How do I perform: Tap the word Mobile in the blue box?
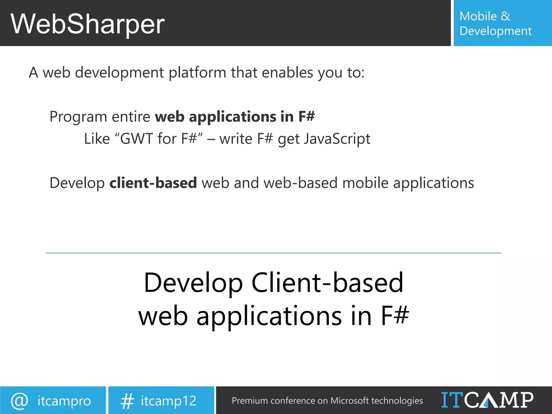point(478,16)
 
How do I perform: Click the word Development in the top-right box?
point(495,31)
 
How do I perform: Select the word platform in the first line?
point(197,73)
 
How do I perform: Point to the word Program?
point(78,117)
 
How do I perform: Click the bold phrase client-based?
point(153,183)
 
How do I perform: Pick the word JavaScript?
point(337,139)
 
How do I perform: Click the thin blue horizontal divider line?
point(273,253)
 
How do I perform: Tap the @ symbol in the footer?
point(19,401)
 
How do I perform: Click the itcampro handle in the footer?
point(64,401)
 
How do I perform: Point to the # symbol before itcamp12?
point(127,401)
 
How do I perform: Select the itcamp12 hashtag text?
point(168,401)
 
